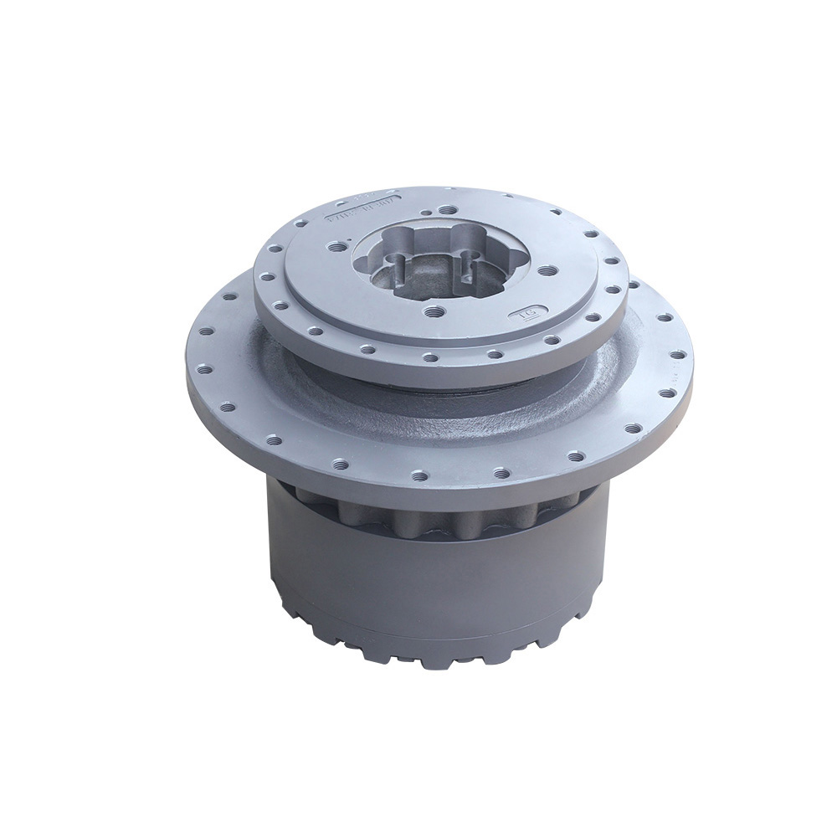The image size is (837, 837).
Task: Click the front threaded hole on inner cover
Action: coord(433,311)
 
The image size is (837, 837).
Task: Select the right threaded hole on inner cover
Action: coord(549,270)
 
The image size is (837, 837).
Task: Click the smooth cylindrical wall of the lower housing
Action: coord(418,586)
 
